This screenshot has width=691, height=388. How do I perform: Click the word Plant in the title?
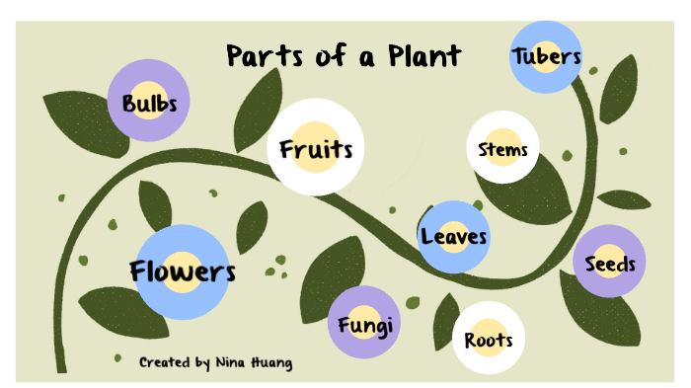click(422, 55)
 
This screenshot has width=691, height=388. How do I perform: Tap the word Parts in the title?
click(260, 55)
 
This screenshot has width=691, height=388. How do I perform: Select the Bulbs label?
click(148, 102)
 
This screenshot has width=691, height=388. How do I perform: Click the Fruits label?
click(315, 149)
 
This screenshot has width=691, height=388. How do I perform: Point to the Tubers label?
click(545, 56)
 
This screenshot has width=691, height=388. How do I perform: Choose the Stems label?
click(502, 150)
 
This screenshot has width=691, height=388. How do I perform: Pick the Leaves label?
click(453, 236)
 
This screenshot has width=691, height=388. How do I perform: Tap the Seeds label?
click(609, 264)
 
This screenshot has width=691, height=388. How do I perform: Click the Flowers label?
click(183, 271)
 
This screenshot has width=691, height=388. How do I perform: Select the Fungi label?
click(365, 325)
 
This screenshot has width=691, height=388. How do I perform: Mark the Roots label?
click(489, 341)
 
